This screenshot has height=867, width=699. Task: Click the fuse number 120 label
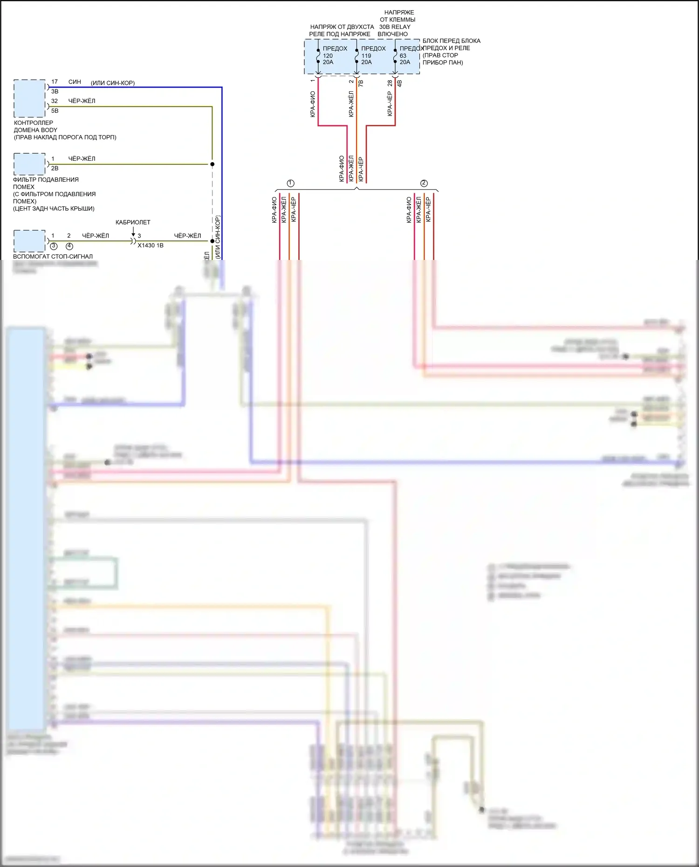[x=328, y=55]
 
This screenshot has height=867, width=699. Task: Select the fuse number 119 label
[x=366, y=55]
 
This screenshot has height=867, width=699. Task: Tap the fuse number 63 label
[x=403, y=55]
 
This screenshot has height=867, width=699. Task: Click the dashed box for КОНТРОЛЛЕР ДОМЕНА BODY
[x=29, y=98]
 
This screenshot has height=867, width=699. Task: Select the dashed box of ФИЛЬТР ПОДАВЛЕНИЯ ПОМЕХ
[x=29, y=164]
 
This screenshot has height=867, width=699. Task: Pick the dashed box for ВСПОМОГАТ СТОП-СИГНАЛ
[x=29, y=241]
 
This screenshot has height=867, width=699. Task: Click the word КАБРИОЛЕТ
[x=133, y=222]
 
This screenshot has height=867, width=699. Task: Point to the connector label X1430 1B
[x=151, y=246]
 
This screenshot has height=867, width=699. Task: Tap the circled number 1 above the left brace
[x=290, y=183]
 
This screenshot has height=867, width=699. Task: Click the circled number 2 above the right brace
[x=424, y=183]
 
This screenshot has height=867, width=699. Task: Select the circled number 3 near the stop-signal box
[x=54, y=246]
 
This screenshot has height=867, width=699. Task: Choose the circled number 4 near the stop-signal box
[x=69, y=246]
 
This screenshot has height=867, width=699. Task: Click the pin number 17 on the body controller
[x=55, y=82]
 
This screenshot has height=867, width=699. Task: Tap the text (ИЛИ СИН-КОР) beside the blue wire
[x=113, y=83]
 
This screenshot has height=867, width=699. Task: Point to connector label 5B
[x=55, y=111]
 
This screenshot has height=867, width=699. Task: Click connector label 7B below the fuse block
[x=361, y=83]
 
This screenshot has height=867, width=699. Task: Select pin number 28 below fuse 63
[x=390, y=83]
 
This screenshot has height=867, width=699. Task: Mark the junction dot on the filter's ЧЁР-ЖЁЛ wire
[x=212, y=164]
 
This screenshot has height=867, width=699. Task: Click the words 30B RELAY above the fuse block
[x=395, y=27]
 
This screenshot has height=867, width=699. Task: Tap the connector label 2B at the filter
[x=55, y=168]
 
